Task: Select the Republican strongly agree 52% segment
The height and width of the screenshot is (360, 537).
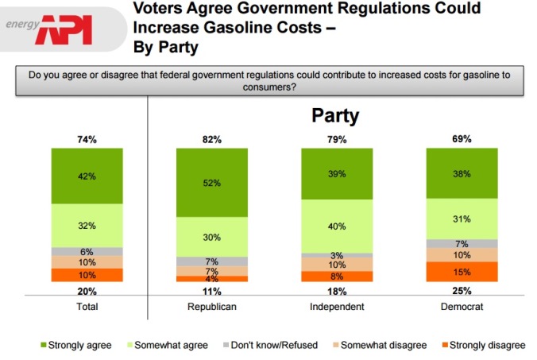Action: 211,183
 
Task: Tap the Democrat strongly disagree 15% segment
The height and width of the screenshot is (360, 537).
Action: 462,271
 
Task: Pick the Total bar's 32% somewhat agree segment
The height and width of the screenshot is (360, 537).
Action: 87,225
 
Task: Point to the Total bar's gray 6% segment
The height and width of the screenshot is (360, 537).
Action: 87,251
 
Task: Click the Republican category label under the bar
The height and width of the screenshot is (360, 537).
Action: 211,306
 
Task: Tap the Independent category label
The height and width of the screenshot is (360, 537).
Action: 336,306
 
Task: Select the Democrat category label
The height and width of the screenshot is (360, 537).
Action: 462,306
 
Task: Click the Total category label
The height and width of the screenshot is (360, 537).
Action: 87,306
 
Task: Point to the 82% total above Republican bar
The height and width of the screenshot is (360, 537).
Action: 211,140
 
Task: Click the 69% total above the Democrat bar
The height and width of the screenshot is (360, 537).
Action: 462,140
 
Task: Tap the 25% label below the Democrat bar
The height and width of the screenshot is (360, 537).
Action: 462,292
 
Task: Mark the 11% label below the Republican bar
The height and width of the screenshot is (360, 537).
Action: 211,292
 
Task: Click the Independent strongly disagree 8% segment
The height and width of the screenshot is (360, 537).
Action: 336,277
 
